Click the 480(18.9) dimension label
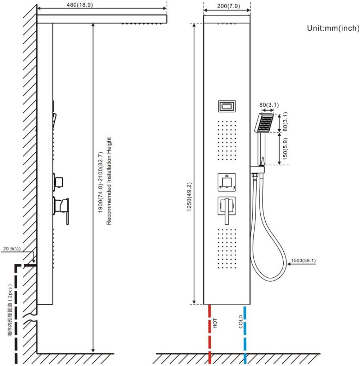click(x=80, y=5)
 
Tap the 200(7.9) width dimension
click(x=228, y=6)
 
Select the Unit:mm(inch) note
click(x=333, y=28)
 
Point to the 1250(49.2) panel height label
click(x=189, y=197)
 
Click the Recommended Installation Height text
click(x=109, y=181)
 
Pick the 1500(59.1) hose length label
click(x=303, y=260)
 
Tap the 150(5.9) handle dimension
click(x=285, y=149)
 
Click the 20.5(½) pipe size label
click(x=12, y=249)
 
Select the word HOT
click(x=215, y=323)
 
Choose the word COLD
click(x=240, y=322)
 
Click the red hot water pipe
click(x=210, y=334)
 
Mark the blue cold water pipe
click(x=245, y=334)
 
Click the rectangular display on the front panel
click(x=227, y=106)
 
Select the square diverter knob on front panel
click(x=227, y=182)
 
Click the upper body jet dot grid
click(x=227, y=140)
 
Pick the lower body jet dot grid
click(x=227, y=248)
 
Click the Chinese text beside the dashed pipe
click(x=10, y=310)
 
